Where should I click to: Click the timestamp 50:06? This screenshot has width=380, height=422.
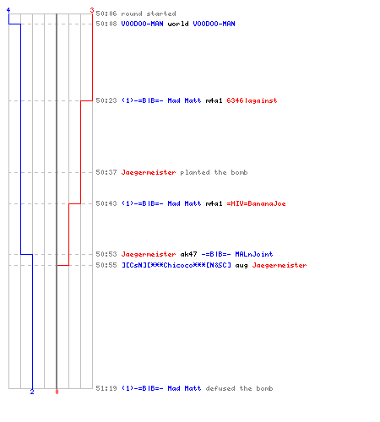[106, 14]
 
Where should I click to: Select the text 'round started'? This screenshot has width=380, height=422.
[149, 14]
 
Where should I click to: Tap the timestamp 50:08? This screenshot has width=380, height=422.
[106, 24]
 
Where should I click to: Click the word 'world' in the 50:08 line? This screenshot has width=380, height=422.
[178, 24]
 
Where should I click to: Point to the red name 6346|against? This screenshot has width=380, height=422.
[252, 100]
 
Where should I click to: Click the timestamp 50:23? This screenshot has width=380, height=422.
[106, 100]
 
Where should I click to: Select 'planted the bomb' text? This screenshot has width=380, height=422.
[214, 172]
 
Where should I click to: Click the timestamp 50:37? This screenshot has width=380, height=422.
[106, 172]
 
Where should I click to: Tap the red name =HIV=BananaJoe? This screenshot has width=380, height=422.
[256, 203]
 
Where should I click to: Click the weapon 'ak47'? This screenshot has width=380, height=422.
[188, 254]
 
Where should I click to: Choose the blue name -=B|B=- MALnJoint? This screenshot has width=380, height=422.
[237, 254]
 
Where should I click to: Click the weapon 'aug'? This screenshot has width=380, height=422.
[242, 265]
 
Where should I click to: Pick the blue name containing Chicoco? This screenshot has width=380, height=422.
[176, 265]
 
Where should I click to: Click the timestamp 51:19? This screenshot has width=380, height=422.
[106, 388]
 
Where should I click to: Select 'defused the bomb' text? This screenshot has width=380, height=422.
[239, 388]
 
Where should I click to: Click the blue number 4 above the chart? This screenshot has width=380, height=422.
[8, 10]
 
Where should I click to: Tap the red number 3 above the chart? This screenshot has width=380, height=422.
[92, 10]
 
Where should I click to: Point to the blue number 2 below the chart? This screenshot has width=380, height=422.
[32, 392]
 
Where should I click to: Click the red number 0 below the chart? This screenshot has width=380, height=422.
[57, 392]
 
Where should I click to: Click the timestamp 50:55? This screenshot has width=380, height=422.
[106, 265]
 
